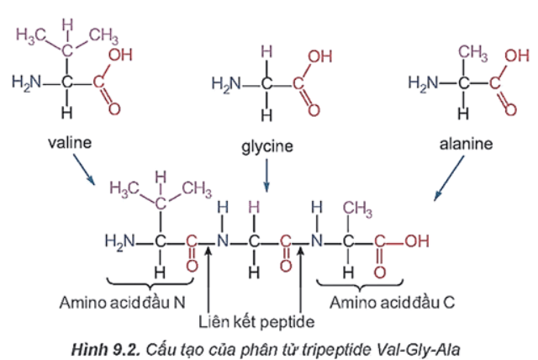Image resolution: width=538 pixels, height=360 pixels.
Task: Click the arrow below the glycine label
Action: (x=266, y=176)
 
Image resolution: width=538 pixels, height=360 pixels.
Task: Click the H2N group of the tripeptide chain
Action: (x=119, y=241)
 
